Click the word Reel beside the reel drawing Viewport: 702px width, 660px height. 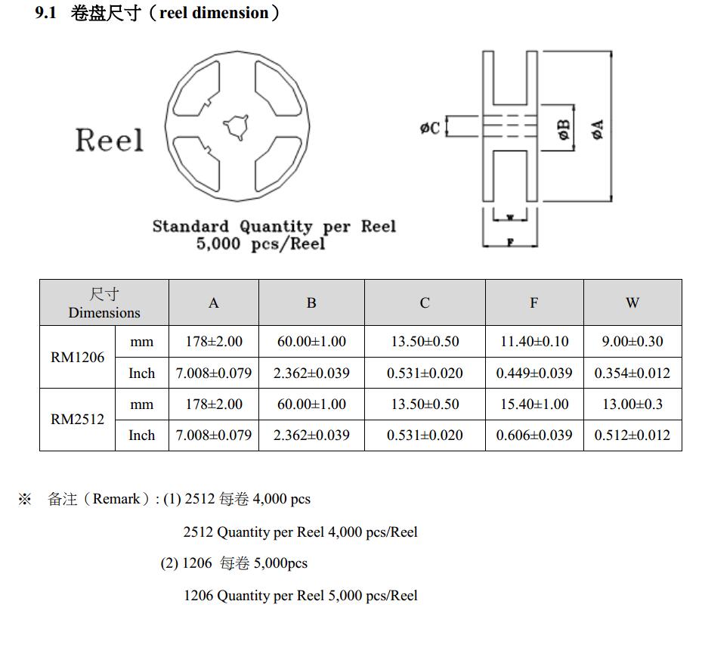[109, 141]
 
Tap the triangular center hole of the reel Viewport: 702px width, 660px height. [236, 126]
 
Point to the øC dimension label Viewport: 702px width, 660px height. [430, 129]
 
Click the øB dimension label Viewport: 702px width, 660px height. [564, 129]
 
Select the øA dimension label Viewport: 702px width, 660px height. [598, 129]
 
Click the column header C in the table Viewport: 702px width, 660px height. [425, 303]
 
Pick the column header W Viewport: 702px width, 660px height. [632, 303]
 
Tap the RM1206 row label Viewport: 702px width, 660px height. [77, 357]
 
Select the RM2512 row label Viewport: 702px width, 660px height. [77, 420]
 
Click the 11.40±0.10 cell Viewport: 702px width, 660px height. [534, 342]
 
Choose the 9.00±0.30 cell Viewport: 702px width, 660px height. [632, 342]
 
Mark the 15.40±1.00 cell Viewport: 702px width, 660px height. [534, 404]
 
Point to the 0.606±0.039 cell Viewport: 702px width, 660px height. [534, 435]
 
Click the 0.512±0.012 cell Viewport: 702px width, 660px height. [632, 435]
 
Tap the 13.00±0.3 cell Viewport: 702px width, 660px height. [632, 404]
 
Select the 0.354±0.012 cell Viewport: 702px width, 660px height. [632, 373]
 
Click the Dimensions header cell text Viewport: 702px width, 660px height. [104, 313]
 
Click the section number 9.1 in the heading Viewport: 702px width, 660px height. [46, 14]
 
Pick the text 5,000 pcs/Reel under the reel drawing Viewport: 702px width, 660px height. [261, 244]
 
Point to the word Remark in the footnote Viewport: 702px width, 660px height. [116, 499]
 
